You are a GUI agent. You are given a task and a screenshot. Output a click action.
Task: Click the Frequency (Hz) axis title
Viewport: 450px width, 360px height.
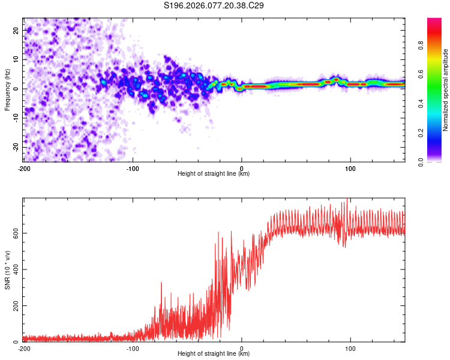tap(7, 90)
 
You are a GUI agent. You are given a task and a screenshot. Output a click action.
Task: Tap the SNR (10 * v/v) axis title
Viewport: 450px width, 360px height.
tap(7, 269)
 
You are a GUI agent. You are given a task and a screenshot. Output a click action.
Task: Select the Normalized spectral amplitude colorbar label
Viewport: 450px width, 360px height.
tap(446, 91)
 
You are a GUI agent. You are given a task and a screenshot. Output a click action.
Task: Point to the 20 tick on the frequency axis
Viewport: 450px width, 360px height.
tap(16, 30)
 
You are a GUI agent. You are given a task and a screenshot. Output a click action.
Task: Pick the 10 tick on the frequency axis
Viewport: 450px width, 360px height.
tap(16, 59)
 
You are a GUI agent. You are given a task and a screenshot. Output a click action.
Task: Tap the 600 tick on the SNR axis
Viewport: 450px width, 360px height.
tap(13, 233)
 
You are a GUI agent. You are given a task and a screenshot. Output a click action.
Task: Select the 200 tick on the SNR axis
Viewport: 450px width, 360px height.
tap(13, 306)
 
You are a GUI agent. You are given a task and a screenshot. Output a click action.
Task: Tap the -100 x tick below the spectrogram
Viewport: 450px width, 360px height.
tap(133, 168)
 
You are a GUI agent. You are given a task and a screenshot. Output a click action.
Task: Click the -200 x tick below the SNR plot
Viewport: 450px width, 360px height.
tap(24, 348)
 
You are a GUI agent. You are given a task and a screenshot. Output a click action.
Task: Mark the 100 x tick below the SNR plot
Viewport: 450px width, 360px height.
tap(350, 348)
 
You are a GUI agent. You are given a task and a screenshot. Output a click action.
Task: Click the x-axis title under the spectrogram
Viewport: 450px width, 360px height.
tap(214, 174)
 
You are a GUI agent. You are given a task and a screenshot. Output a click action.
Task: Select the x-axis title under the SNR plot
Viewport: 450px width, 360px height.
tap(214, 354)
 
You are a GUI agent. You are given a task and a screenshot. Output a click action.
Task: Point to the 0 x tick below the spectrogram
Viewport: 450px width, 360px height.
tap(242, 168)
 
